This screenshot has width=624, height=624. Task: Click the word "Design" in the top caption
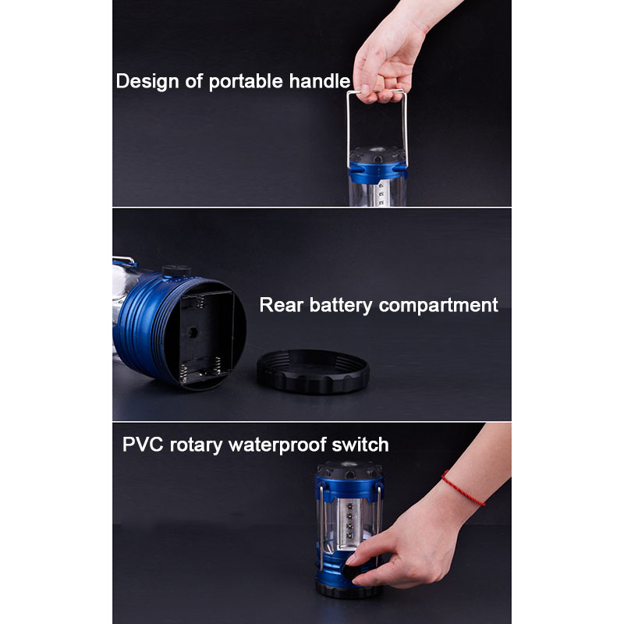click(x=147, y=82)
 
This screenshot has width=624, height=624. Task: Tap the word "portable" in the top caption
click(x=246, y=82)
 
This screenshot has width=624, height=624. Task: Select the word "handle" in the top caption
click(x=320, y=81)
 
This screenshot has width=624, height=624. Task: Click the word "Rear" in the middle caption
click(x=281, y=305)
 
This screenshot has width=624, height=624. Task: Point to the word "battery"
click(x=341, y=306)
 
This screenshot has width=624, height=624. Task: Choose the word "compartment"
click(x=438, y=306)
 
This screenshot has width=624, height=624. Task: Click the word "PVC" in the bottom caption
click(x=143, y=444)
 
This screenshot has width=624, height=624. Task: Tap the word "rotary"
click(x=196, y=445)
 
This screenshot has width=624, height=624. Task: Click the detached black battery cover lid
click(x=314, y=371)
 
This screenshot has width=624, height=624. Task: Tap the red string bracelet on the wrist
click(x=463, y=488)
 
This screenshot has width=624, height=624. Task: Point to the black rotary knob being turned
click(x=350, y=573)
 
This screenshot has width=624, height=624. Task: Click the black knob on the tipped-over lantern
click(x=177, y=271)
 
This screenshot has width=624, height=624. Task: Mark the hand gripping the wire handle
click(x=388, y=55)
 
